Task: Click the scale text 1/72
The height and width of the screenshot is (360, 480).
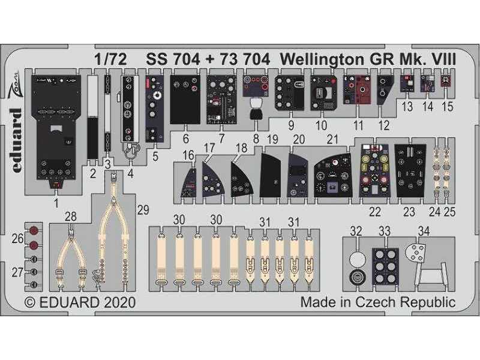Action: tap(111, 59)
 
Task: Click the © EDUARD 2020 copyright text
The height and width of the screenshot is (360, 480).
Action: tap(80, 302)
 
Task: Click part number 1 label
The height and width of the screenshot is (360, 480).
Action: tap(56, 203)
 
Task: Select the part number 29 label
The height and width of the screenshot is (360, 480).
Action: tap(143, 210)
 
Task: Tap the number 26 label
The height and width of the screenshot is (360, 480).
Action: tap(18, 238)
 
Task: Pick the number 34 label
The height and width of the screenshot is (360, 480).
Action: tap(424, 231)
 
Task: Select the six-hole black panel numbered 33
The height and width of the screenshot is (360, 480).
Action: tap(385, 265)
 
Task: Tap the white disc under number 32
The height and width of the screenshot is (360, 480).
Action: tap(358, 260)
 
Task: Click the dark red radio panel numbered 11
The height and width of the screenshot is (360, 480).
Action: tap(358, 89)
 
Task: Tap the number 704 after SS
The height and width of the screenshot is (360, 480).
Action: tap(185, 59)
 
